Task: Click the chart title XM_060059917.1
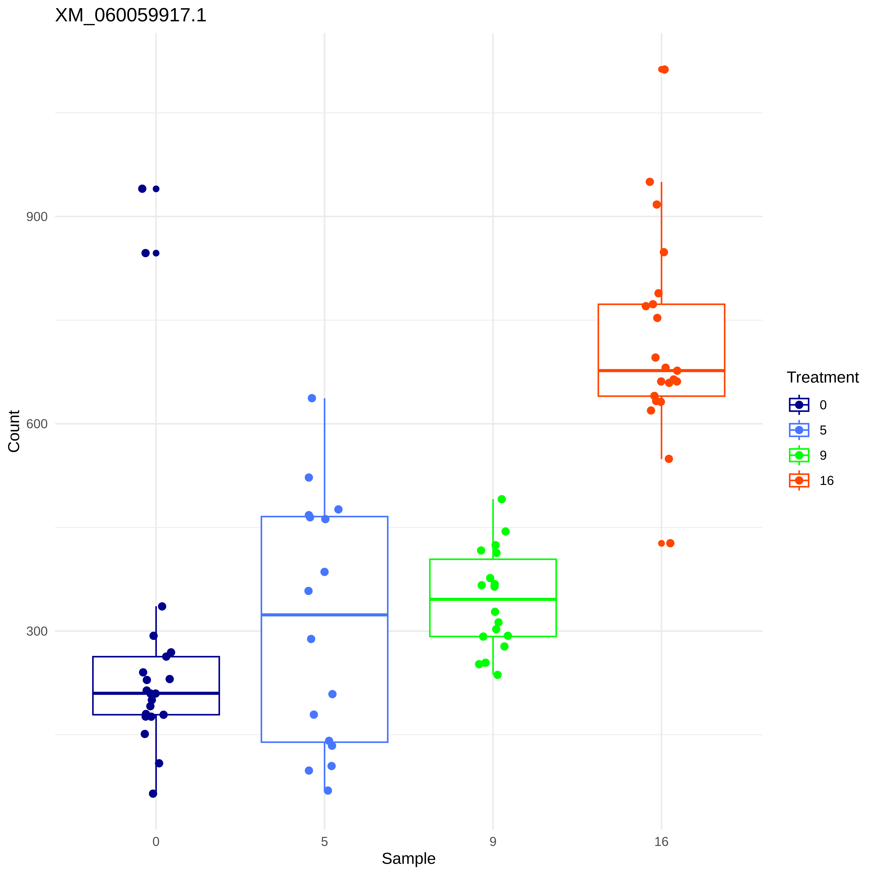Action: point(130,15)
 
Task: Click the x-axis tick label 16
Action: point(661,841)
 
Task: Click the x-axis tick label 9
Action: point(493,841)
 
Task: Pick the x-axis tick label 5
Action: point(324,841)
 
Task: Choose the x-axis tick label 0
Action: point(156,841)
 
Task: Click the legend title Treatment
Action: point(822,377)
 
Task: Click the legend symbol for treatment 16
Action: point(799,480)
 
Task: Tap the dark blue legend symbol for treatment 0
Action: point(799,404)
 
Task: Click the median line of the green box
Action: point(493,599)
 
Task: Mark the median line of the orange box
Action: point(661,370)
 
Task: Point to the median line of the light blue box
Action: point(324,615)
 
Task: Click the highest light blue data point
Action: point(312,398)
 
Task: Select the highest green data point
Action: point(501,499)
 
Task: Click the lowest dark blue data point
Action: point(153,793)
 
